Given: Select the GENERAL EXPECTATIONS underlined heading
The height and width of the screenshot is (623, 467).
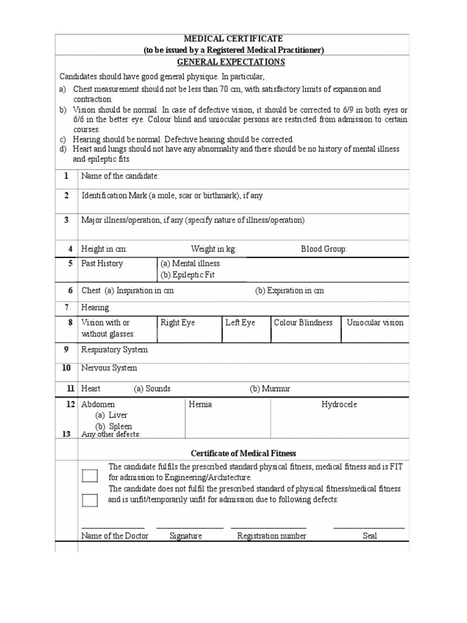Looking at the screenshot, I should click(x=231, y=62).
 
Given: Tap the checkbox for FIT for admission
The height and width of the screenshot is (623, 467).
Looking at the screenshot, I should click(x=89, y=476).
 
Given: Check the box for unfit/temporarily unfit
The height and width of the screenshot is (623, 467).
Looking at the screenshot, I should click(x=89, y=500).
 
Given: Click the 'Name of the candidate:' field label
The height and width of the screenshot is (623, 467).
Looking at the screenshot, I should click(x=120, y=176).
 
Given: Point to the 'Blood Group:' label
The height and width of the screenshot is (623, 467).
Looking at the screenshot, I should click(x=324, y=249).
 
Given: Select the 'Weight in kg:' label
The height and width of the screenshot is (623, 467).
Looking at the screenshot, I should click(x=213, y=249).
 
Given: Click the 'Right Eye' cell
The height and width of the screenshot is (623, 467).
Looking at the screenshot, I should click(x=178, y=322).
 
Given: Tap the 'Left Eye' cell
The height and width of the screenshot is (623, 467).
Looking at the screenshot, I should click(x=240, y=322).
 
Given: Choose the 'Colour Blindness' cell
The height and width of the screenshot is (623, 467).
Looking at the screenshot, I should click(x=303, y=322).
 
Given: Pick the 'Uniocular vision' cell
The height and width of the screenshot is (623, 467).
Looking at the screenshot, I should click(x=375, y=322).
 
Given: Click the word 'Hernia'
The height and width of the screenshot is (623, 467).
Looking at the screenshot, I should click(x=201, y=405).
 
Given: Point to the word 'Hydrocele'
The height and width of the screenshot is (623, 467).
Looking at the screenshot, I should click(x=339, y=405).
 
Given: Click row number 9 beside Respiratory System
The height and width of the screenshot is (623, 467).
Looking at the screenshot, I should click(x=67, y=350).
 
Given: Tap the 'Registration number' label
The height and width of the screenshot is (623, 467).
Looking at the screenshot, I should click(x=272, y=536).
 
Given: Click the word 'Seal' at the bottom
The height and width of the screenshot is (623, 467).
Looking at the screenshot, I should click(x=370, y=536).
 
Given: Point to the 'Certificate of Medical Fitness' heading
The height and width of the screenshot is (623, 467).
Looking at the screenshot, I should click(x=243, y=453).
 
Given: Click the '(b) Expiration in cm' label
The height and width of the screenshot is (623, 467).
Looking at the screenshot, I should click(x=289, y=291).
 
